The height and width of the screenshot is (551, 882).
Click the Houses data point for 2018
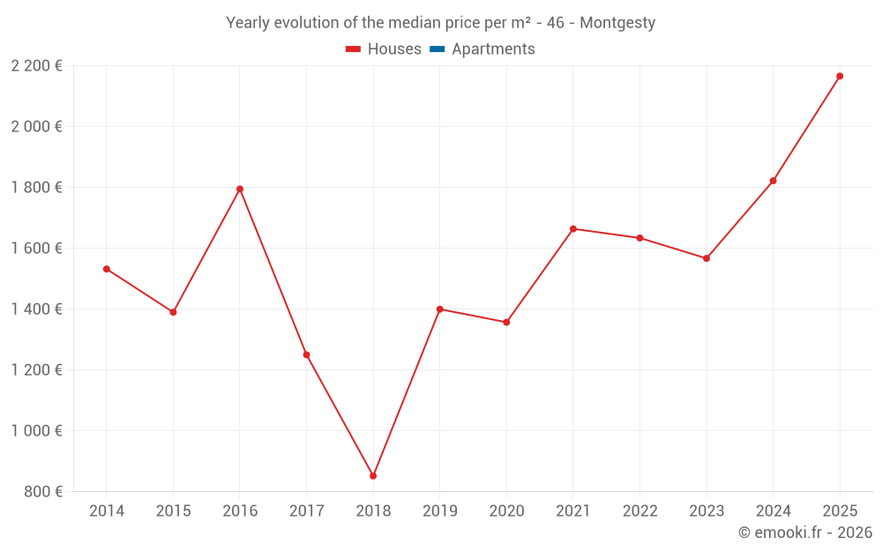[373, 476]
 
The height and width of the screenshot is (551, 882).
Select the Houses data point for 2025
[840, 76]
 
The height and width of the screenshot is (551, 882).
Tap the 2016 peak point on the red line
[240, 189]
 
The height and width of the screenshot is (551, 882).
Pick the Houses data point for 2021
[573, 229]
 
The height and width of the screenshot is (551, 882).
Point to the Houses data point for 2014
[107, 269]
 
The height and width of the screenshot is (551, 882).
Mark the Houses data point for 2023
[706, 258]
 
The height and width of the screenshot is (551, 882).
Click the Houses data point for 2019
[440, 309]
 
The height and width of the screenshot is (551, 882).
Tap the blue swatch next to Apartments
[437, 49]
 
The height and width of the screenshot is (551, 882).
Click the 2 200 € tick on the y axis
[36, 65]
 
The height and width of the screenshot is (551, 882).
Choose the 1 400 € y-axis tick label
[36, 309]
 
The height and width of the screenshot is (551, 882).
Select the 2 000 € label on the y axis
[36, 126]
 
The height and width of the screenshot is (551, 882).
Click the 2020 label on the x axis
[506, 511]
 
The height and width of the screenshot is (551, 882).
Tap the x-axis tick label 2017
[306, 511]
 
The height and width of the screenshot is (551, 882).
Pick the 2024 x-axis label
[773, 511]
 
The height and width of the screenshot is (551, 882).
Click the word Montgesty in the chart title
[617, 23]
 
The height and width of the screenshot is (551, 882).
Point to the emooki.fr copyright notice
[805, 532]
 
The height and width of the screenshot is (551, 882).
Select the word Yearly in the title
[247, 23]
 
